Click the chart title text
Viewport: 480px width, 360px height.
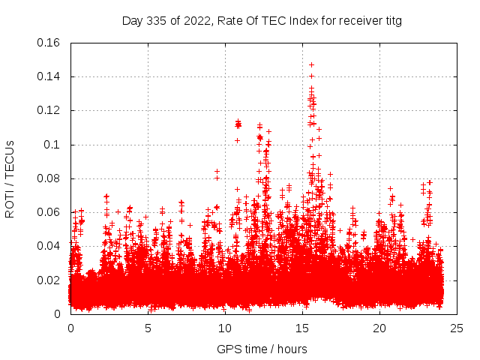(x=262, y=21)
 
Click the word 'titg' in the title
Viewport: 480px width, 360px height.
(x=391, y=21)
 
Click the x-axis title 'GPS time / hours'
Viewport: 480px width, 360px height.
(x=262, y=349)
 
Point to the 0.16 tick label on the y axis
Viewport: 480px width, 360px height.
(x=49, y=43)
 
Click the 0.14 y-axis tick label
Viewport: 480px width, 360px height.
(x=49, y=76)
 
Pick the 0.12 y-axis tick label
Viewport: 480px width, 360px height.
(x=49, y=110)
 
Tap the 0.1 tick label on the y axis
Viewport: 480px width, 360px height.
(x=53, y=145)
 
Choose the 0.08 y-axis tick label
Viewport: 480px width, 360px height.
(x=49, y=178)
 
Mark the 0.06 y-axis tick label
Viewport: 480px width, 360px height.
(x=49, y=212)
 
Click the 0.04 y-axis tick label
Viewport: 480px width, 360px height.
(x=49, y=246)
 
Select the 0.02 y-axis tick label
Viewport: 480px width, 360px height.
(x=49, y=280)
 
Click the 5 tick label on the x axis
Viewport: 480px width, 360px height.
(x=148, y=328)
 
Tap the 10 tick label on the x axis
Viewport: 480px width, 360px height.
(x=225, y=328)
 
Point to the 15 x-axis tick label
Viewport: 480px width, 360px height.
(x=302, y=328)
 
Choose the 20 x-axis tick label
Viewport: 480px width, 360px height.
(x=379, y=328)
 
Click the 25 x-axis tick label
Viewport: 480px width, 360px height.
(x=457, y=328)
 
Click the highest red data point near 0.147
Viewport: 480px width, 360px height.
(x=311, y=64)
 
